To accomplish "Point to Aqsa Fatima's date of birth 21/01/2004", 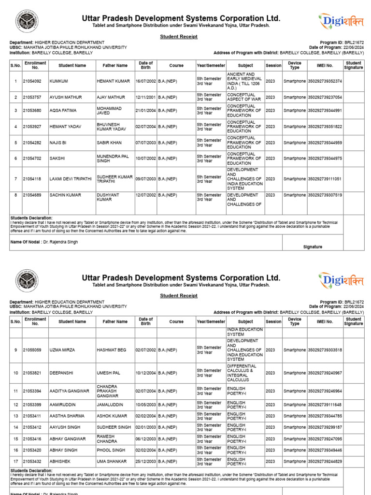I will click(145, 111).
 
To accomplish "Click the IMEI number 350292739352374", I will click(325, 81).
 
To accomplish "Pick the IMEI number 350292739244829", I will click(325, 462).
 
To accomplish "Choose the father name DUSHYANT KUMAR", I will click(109, 198).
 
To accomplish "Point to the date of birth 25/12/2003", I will click(145, 462).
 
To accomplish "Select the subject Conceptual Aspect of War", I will click(244, 97).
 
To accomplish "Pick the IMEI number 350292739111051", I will click(325, 179).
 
